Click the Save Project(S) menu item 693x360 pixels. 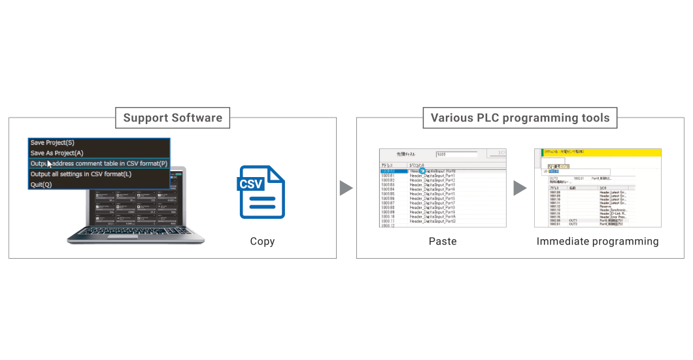(x=52, y=142)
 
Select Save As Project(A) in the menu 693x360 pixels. (x=57, y=153)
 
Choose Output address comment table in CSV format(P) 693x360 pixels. (x=99, y=163)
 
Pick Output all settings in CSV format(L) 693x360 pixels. (x=81, y=174)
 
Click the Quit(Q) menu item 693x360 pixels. (x=41, y=184)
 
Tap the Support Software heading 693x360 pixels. (x=173, y=118)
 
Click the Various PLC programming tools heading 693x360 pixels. (x=520, y=118)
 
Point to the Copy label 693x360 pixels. (x=262, y=242)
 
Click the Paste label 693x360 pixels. (x=443, y=242)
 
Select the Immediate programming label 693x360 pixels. (x=597, y=242)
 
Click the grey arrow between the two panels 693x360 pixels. (x=346, y=188)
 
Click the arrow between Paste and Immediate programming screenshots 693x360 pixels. (x=520, y=188)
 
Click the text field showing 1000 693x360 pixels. (x=456, y=155)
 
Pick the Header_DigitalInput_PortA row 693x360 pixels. (x=432, y=217)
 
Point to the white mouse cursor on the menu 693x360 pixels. (x=50, y=163)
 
